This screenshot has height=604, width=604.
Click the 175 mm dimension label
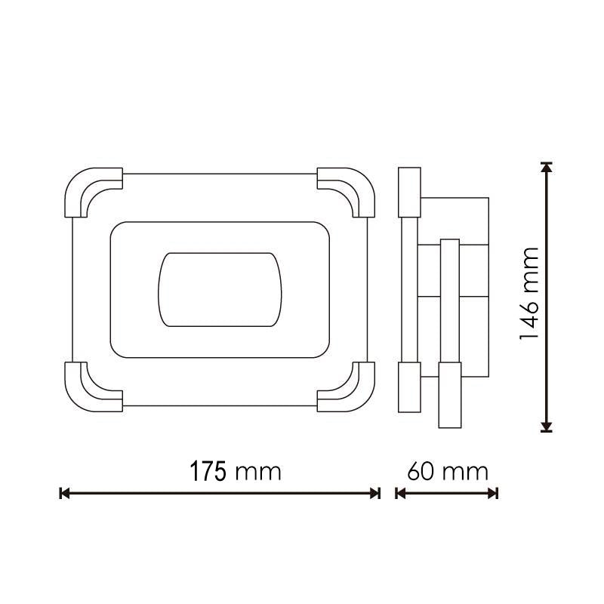(235, 472)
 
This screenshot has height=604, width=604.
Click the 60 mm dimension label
(448, 472)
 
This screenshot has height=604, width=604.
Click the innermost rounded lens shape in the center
(219, 290)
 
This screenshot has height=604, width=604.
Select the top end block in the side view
(409, 190)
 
